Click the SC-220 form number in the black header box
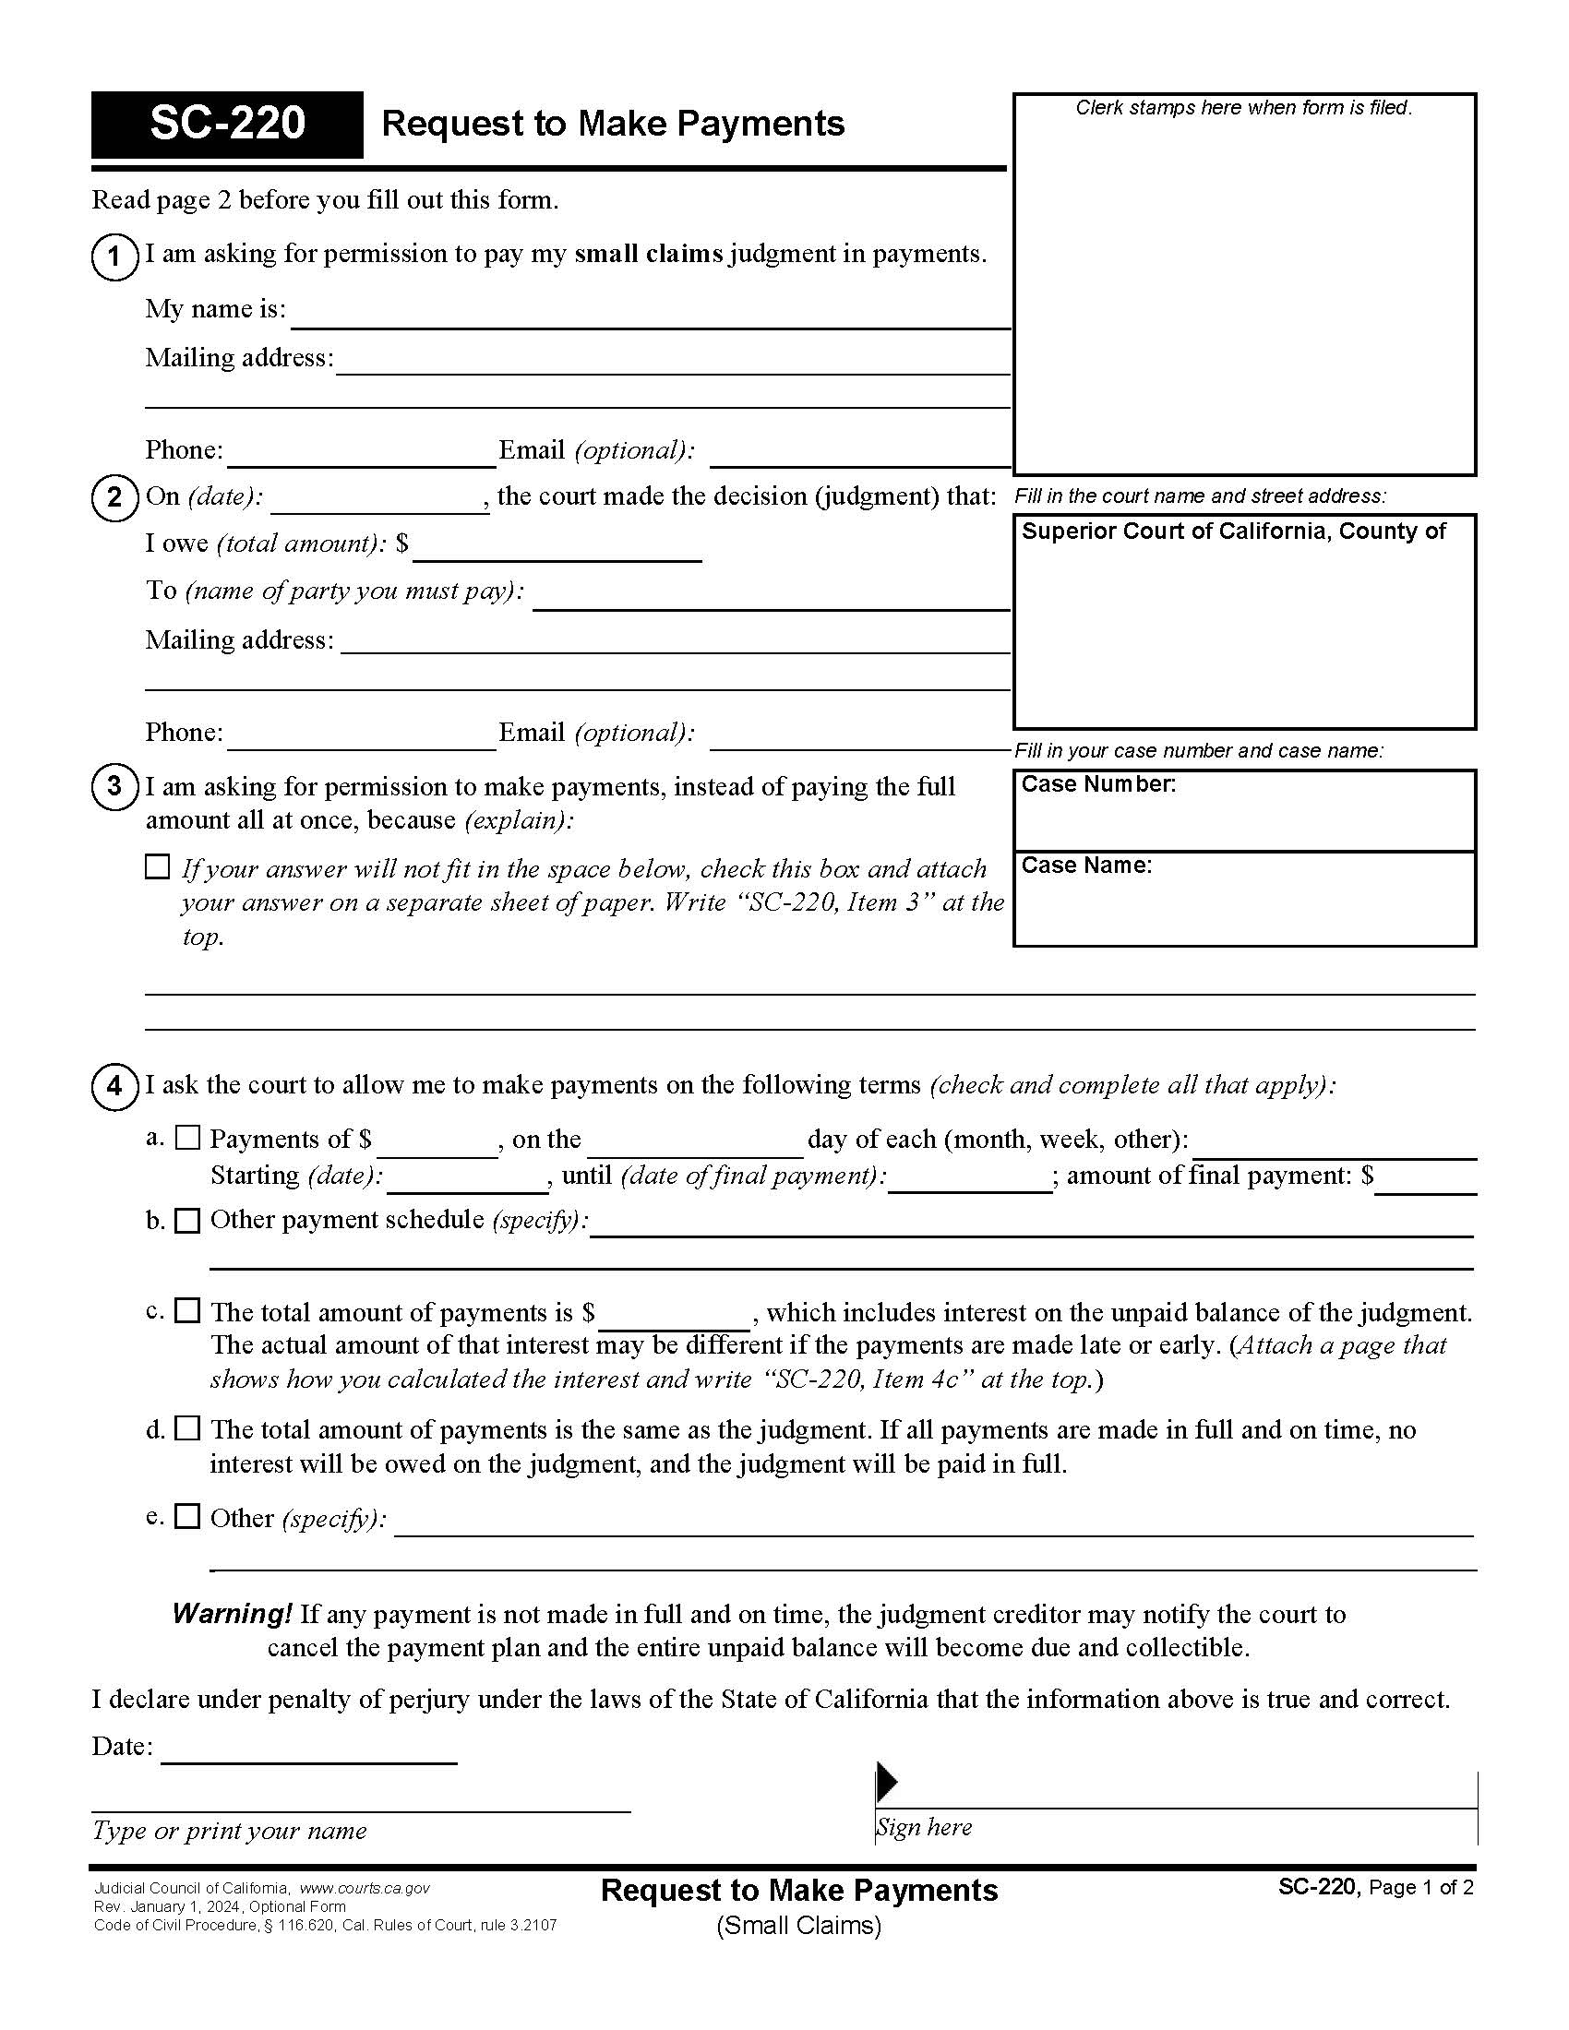[227, 124]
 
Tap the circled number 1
[114, 256]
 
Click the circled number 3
[114, 787]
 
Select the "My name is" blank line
[651, 316]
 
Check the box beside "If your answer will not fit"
[158, 867]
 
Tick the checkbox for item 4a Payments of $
[187, 1137]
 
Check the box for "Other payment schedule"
[187, 1221]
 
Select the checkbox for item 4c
[187, 1310]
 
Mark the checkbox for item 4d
[187, 1428]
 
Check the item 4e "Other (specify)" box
[187, 1516]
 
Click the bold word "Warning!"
[233, 1615]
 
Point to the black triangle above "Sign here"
[887, 1782]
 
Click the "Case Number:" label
[1098, 784]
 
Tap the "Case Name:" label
[1086, 866]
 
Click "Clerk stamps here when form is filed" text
[1244, 108]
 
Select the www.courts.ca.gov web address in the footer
[365, 1889]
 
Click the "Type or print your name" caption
[229, 1830]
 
